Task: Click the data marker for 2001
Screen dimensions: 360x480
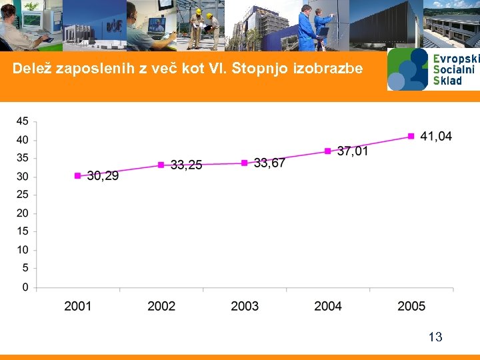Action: point(77,176)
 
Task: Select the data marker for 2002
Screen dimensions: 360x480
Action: point(161,165)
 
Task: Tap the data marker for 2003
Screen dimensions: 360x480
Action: point(245,163)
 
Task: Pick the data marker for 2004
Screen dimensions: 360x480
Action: point(328,151)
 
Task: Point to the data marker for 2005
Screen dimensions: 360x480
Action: point(411,137)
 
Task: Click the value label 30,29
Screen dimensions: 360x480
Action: point(103,176)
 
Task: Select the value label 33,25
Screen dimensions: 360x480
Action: point(186,165)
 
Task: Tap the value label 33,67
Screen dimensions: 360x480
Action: point(269,163)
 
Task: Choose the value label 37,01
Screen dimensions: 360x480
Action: point(353,151)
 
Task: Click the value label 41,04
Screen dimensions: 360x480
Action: point(436,136)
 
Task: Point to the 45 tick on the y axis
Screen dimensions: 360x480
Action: point(22,121)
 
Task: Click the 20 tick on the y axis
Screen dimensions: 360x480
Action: point(22,213)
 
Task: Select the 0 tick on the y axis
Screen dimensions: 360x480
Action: point(25,287)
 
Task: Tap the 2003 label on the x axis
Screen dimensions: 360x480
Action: point(245,306)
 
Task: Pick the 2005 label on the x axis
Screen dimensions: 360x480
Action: point(411,306)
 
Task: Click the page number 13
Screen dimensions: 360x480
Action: point(435,337)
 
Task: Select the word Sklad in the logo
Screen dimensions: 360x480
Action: point(447,80)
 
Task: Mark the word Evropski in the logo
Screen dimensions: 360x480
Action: point(456,59)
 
